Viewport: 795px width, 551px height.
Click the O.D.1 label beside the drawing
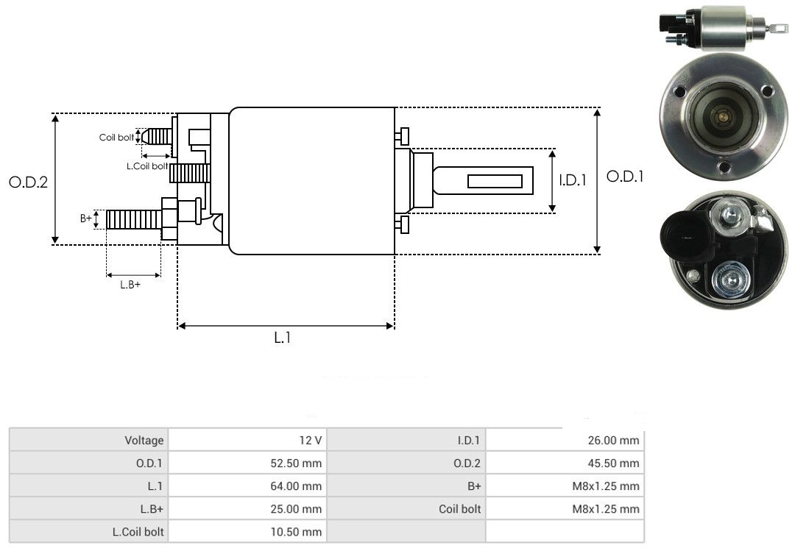click(x=625, y=177)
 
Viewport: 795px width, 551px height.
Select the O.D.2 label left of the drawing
click(x=28, y=182)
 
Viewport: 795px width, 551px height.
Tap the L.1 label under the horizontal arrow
click(x=283, y=338)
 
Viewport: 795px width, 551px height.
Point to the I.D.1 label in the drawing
click(x=573, y=179)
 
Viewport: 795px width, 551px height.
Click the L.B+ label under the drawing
click(x=130, y=285)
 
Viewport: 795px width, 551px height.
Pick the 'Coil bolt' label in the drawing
click(x=116, y=138)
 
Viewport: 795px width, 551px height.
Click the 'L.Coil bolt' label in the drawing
click(x=147, y=167)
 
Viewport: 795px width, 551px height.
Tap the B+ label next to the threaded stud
click(x=86, y=218)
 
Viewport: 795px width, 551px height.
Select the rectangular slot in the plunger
click(x=495, y=181)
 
